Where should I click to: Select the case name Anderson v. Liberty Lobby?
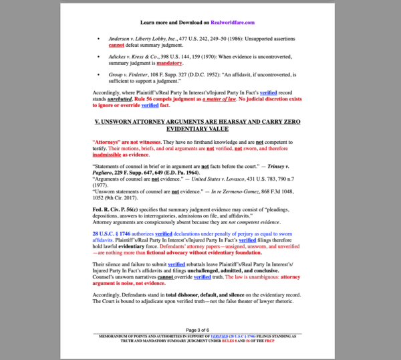(x=137, y=39)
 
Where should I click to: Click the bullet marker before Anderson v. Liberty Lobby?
(x=99, y=39)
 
